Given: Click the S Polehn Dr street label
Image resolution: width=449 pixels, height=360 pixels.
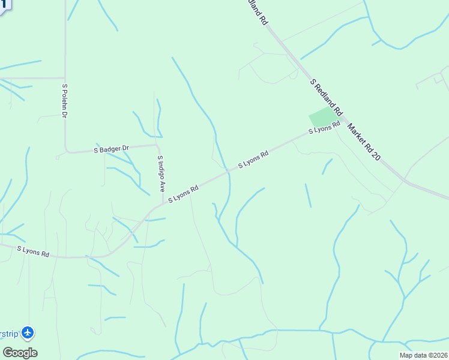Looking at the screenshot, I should point(64,100).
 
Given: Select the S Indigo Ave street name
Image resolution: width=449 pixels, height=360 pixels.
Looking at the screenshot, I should point(161,174).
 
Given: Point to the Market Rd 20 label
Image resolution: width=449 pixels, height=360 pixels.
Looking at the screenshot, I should point(364,142).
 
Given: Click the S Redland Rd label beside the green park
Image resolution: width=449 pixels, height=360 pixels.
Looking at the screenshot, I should point(326,97).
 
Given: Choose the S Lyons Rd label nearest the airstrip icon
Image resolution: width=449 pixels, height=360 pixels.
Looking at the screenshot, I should point(33,251).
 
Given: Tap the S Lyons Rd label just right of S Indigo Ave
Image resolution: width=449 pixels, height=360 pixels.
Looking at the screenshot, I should point(183,194).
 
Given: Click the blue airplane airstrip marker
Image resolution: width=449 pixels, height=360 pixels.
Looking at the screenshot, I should point(28,332).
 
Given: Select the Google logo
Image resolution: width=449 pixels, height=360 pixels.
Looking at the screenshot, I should point(20,353).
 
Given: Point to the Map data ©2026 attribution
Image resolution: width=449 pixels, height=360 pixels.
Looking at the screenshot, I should point(423,355).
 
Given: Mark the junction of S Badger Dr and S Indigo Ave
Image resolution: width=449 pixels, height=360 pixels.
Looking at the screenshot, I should point(157,145).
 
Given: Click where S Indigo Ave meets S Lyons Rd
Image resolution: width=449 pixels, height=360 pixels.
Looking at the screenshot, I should point(163,203).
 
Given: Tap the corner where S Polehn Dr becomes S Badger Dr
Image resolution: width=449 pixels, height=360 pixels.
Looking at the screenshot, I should point(66,151).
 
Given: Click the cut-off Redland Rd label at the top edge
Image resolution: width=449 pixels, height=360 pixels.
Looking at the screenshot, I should point(257,11).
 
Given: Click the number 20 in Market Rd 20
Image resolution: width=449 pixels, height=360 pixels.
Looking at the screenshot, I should point(377,156).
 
